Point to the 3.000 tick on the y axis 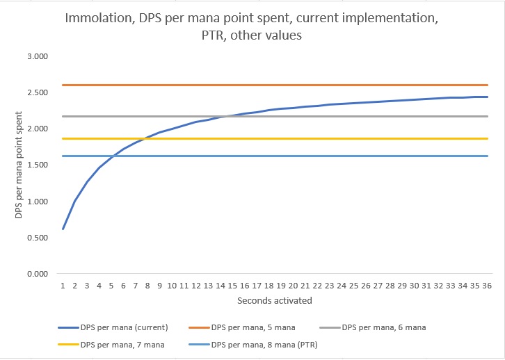(35, 56)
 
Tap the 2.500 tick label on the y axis (35, 92)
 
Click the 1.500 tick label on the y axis (35, 165)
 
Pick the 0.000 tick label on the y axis (35, 274)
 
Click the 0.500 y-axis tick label (35, 238)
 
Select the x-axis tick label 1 (63, 285)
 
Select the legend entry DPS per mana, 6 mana (400, 327)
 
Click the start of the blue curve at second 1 (63, 229)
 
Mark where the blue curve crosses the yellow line (144, 138)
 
